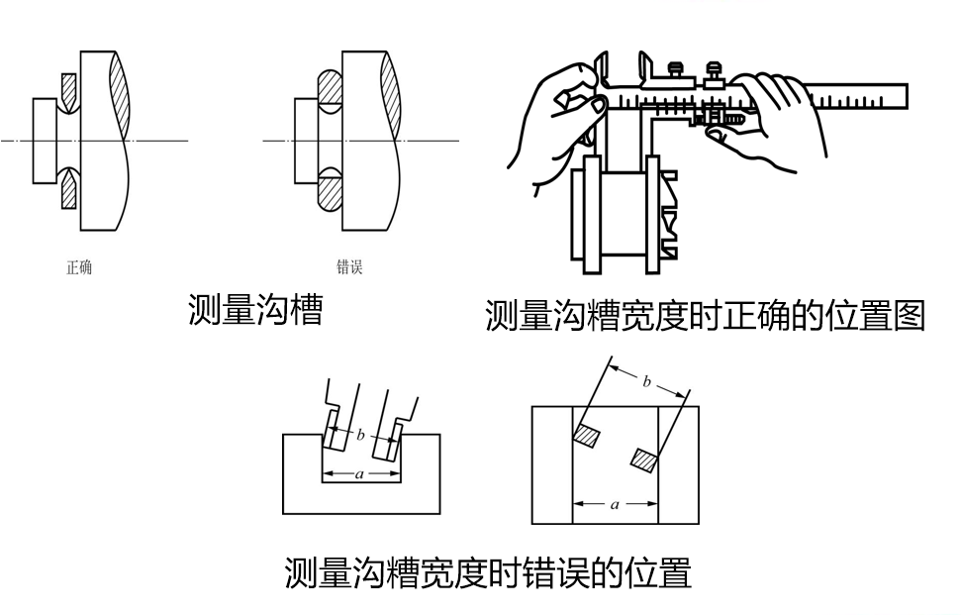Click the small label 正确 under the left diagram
(x=79, y=267)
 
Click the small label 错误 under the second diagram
(x=349, y=266)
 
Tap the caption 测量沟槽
(x=255, y=310)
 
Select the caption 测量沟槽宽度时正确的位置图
(x=705, y=316)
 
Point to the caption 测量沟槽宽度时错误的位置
(x=487, y=572)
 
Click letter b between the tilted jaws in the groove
(x=361, y=434)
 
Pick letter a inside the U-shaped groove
(x=360, y=474)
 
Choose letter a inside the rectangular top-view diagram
(x=615, y=504)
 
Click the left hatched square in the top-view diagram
(x=588, y=435)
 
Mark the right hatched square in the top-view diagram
(x=645, y=459)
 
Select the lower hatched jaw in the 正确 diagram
(x=69, y=188)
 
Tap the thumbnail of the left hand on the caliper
(x=598, y=103)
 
